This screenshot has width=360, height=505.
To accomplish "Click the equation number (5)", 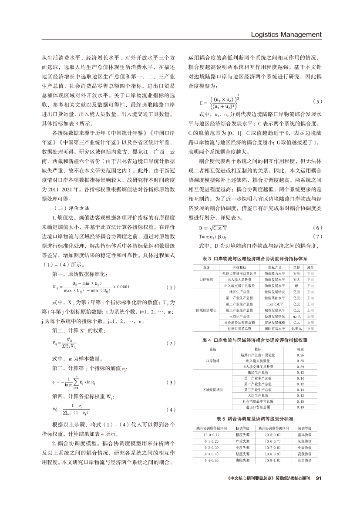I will (317, 102).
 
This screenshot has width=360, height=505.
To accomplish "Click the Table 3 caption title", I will (255, 259).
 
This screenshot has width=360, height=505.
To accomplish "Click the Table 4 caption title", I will (255, 340).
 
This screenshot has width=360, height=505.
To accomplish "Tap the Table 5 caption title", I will (255, 417).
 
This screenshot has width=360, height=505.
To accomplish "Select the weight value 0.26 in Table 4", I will (300, 355).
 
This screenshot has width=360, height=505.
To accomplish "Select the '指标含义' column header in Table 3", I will (275, 267).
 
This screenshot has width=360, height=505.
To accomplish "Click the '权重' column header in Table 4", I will (300, 349).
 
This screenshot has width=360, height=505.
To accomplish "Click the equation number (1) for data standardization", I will (171, 287).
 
